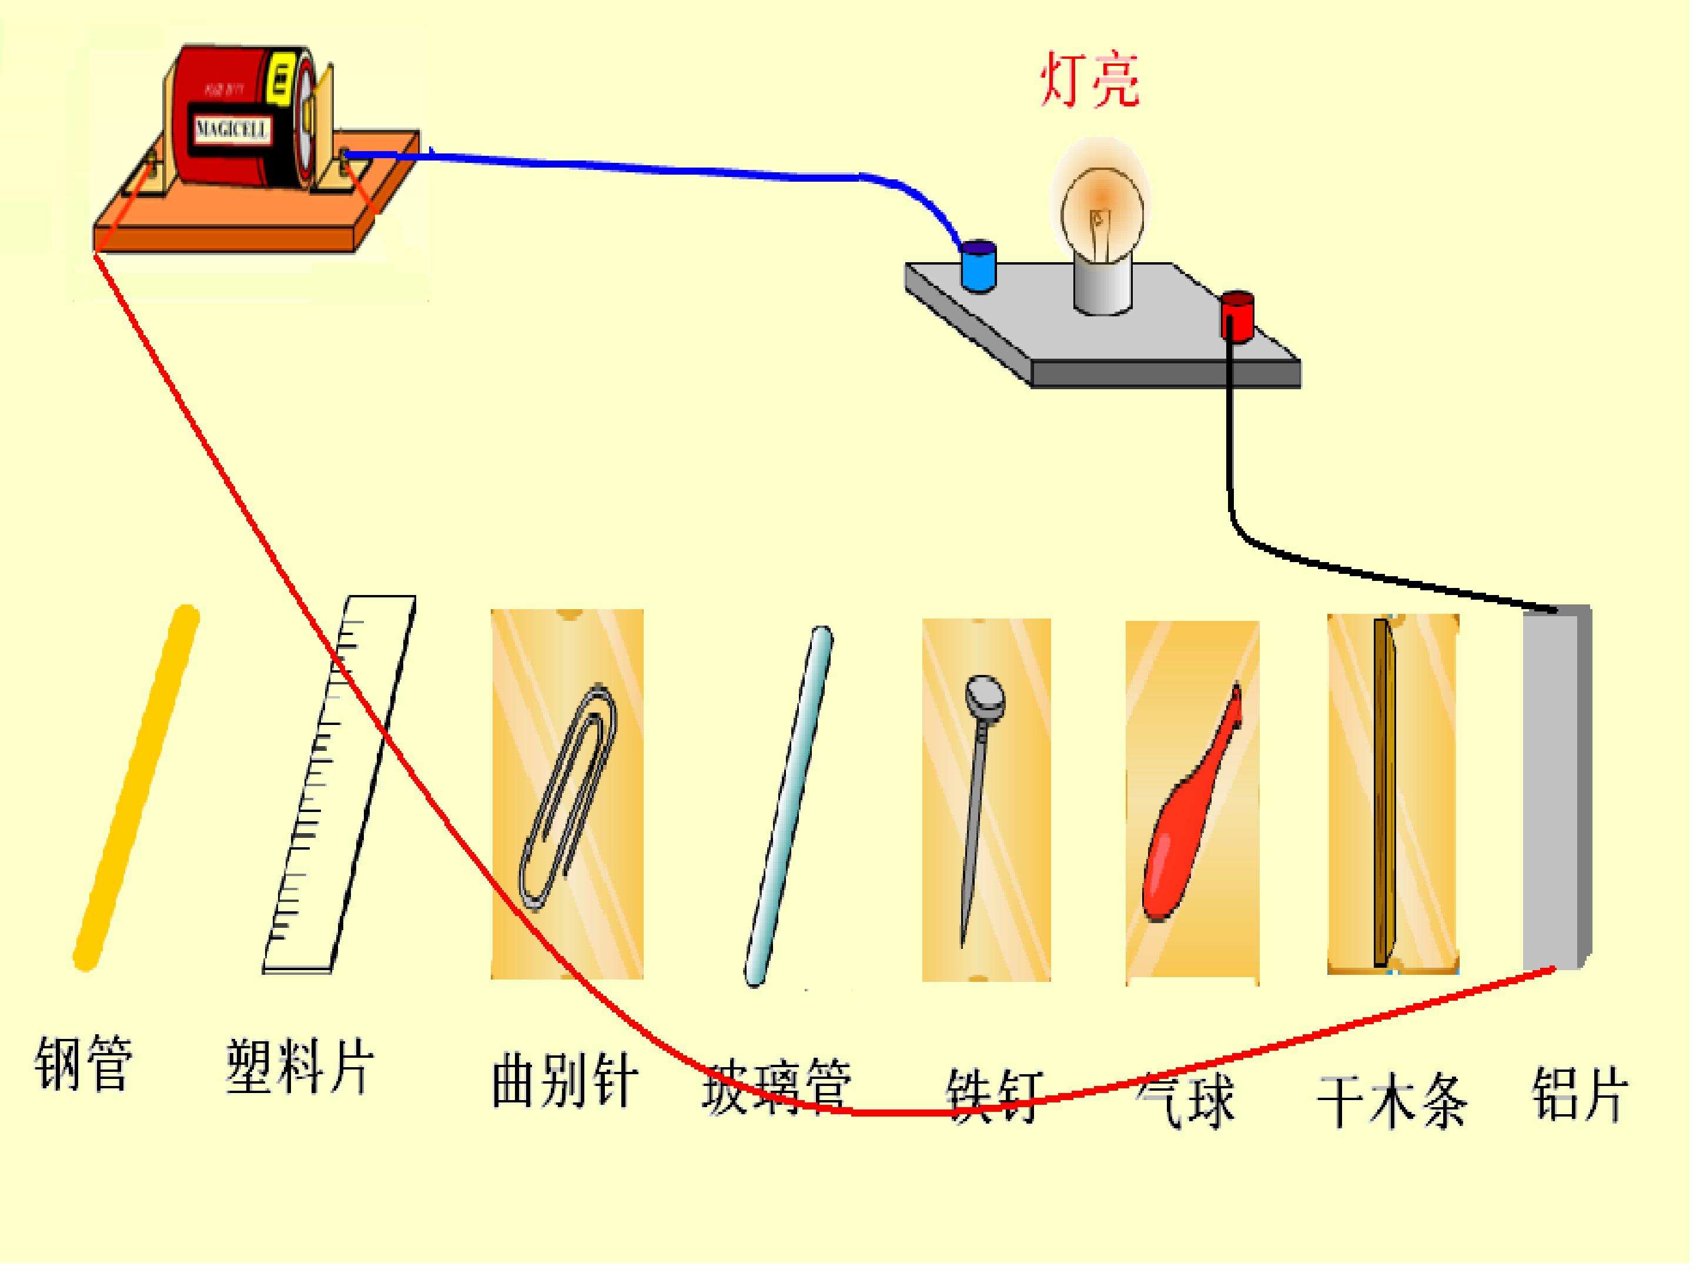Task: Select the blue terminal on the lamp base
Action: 978,266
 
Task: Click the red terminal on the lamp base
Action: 1237,314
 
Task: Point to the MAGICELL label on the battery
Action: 232,129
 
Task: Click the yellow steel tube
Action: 136,788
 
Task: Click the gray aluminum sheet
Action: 1554,788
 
